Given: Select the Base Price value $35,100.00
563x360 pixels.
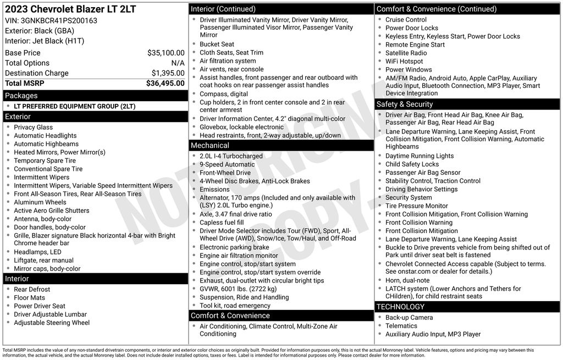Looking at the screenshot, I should [165, 53].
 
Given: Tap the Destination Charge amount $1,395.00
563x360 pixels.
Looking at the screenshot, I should [168, 73].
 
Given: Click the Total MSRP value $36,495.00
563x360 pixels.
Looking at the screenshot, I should [165, 84].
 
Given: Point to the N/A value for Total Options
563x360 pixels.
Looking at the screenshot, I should [178, 63].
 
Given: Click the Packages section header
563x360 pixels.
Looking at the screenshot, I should [21, 96].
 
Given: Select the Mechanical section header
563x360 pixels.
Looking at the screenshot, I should [209, 145].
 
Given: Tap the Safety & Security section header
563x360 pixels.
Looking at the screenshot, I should [404, 104].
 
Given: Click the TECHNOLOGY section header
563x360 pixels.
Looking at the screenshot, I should [400, 307].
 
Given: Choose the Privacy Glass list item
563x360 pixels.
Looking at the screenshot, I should [34, 127].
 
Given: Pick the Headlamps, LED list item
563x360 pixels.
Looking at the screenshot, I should [37, 252].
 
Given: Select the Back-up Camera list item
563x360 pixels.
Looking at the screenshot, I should [409, 318].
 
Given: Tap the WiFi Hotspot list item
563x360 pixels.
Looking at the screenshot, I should [404, 62].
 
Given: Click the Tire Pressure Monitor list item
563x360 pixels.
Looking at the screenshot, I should [417, 206].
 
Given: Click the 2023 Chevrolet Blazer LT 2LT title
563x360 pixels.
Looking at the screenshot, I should [70, 9].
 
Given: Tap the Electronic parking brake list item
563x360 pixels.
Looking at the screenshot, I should [234, 247].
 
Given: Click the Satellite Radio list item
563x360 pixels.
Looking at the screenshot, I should [406, 53].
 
